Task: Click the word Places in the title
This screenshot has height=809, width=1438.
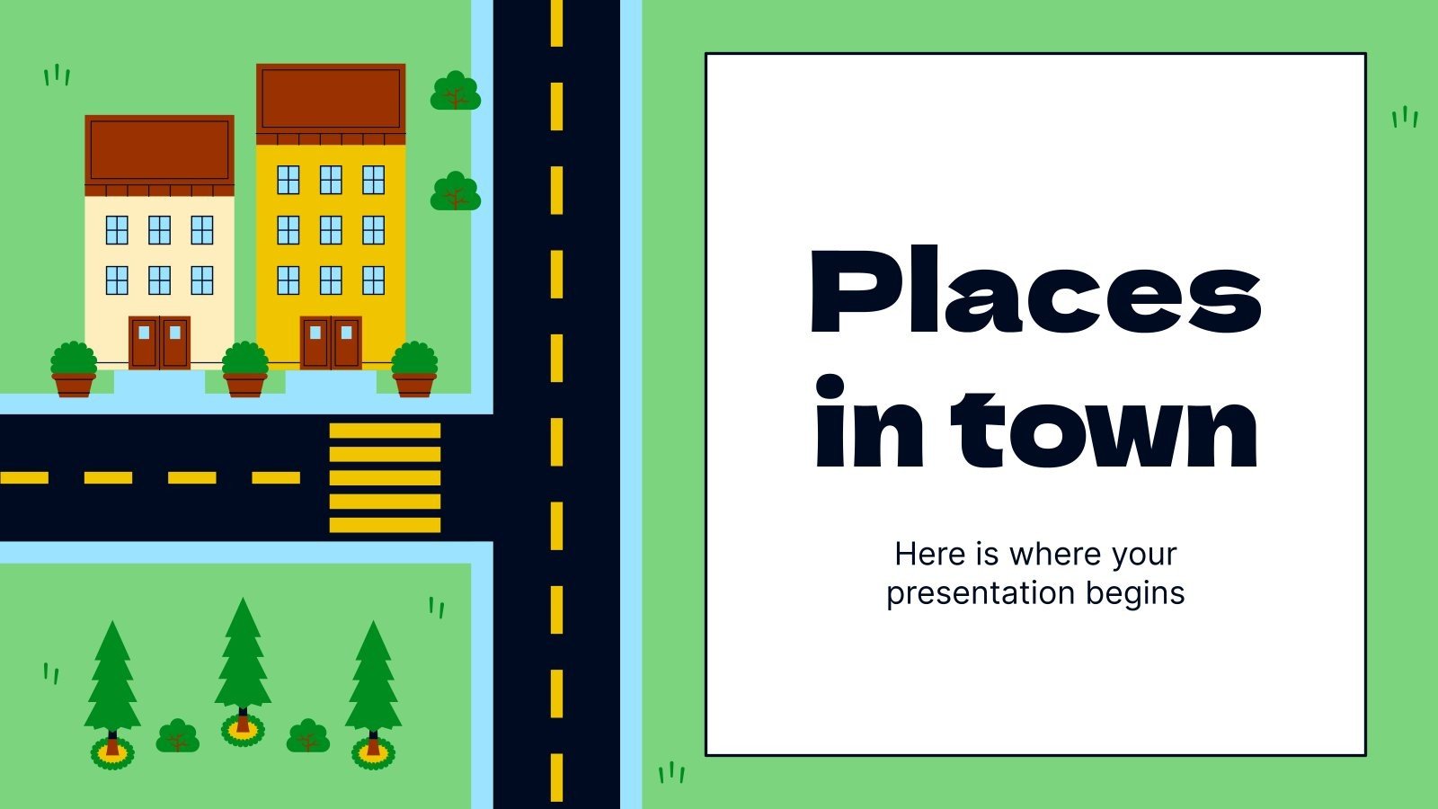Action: coord(1035,292)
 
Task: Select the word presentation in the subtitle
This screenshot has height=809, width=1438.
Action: coord(981,593)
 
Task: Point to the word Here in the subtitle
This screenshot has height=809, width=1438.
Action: coord(930,554)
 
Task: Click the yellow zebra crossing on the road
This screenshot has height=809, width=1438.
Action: coord(385,477)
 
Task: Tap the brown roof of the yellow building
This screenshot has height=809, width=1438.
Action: coord(331,99)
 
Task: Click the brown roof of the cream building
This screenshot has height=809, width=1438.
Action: coord(159,151)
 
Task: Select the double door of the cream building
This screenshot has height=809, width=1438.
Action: coord(159,342)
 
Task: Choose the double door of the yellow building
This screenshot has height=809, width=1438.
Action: coord(331,342)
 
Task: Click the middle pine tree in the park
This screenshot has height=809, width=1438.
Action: coord(242,665)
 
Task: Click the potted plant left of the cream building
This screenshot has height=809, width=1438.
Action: coord(74,369)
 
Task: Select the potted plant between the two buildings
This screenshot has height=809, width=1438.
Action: coord(244,369)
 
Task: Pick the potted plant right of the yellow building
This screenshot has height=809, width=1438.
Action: coord(414,369)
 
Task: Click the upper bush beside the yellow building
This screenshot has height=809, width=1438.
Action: coord(456,92)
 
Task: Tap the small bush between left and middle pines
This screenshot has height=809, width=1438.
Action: coord(178,736)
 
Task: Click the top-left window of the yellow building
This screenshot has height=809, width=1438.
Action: coord(288,180)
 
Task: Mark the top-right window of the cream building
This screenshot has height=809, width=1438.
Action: coord(202,230)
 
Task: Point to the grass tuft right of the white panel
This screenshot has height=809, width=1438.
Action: coord(1405,117)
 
